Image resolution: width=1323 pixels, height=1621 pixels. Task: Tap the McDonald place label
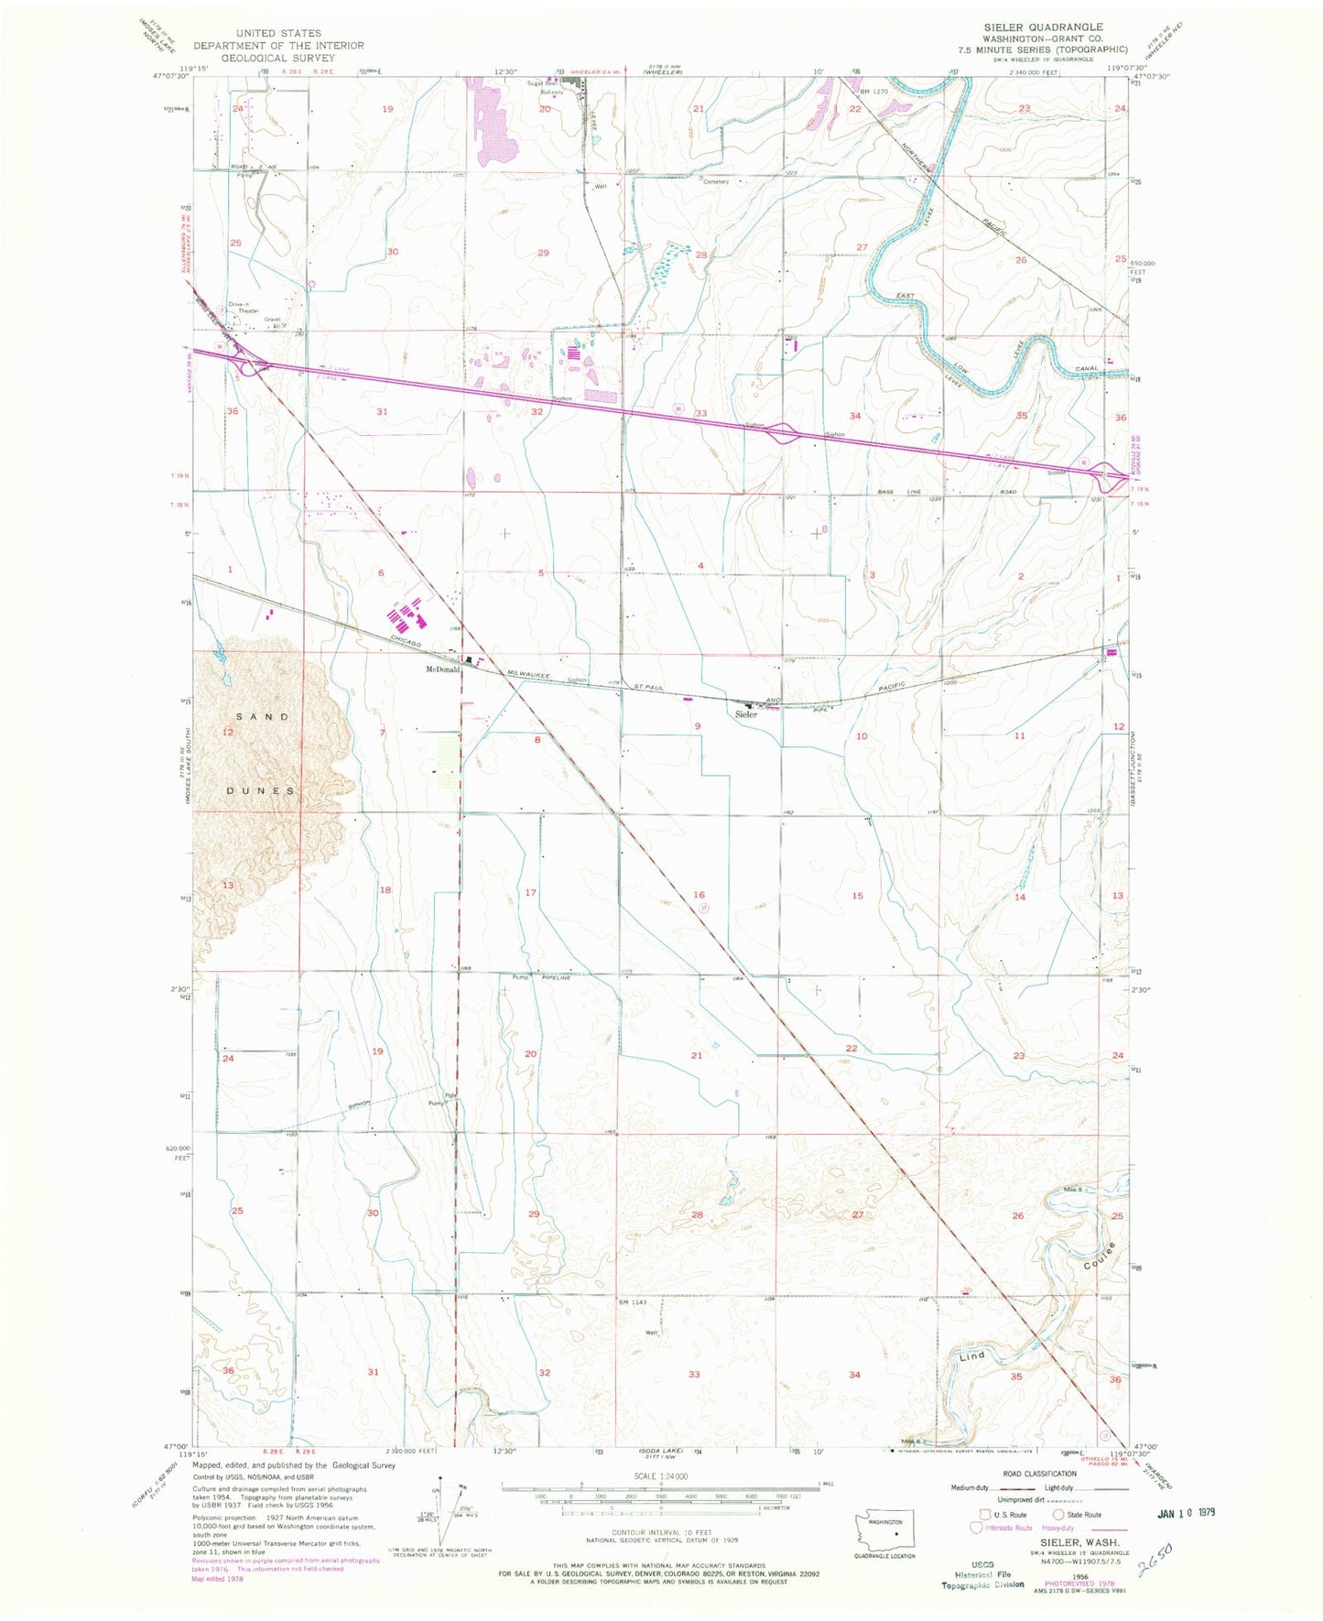(442, 669)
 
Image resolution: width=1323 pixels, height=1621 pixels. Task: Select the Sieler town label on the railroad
(746, 713)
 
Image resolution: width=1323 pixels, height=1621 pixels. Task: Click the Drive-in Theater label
(244, 307)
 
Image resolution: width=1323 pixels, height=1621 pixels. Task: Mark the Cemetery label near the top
(716, 181)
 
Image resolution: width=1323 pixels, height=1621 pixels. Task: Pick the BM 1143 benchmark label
(633, 1302)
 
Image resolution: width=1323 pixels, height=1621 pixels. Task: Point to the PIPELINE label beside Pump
(556, 977)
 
